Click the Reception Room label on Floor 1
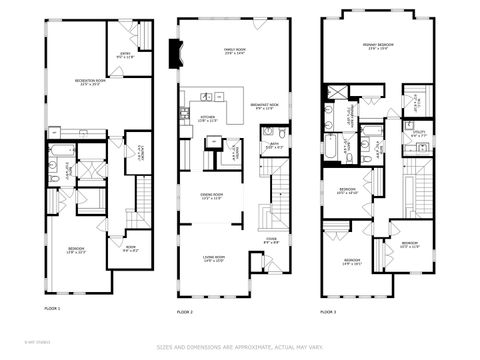91,82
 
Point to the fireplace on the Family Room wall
177,52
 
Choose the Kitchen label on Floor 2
207,118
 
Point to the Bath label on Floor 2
270,146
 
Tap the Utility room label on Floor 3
418,133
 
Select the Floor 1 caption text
52,308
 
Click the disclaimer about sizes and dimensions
240,348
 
